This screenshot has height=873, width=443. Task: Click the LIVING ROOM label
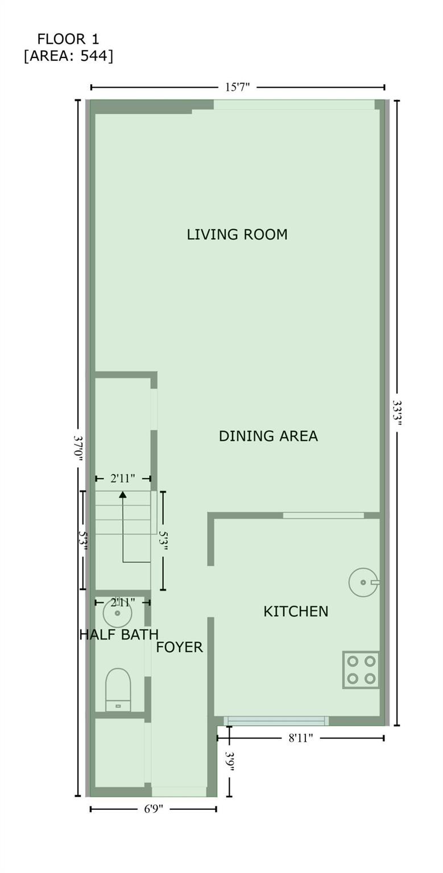[237, 234]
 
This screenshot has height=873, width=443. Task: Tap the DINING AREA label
[268, 436]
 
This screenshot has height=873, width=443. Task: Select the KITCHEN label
[296, 611]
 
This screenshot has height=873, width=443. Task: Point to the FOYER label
[179, 647]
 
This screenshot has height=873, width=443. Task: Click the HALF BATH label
[119, 634]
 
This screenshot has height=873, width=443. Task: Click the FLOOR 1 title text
[68, 39]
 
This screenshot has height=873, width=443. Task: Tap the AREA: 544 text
[69, 56]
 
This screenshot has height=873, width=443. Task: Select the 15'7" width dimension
[237, 87]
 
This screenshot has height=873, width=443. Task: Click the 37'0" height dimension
[78, 448]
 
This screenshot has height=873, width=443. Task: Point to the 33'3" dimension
[397, 414]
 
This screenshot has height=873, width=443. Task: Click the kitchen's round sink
[363, 582]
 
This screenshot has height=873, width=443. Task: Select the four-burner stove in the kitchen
[361, 670]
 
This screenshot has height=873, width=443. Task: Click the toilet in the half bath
[118, 689]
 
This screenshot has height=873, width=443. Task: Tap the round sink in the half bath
[117, 613]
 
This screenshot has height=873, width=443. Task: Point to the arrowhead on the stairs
[123, 494]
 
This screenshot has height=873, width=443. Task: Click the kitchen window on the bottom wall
[276, 721]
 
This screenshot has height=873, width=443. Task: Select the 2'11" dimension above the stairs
[122, 478]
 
